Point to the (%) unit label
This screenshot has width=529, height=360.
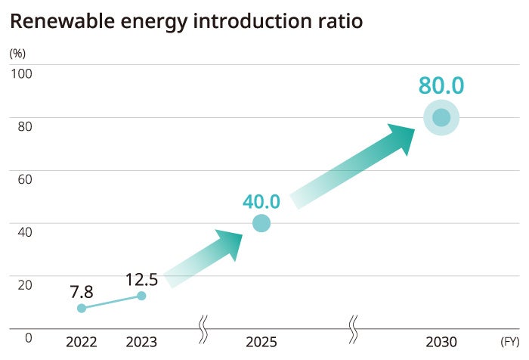pos(17,54)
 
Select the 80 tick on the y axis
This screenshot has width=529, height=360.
pos(24,126)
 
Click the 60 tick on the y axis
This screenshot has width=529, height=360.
pos(24,179)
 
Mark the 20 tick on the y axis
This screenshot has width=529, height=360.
pos(24,284)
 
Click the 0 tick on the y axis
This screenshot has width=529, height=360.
pos(28,337)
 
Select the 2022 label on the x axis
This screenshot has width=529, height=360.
pos(82,342)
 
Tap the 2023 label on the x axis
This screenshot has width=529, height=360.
pos(141,342)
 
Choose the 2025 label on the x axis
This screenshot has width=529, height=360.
pos(261,342)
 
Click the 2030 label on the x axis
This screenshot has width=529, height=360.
pos(441,342)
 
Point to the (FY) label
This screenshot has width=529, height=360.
pos(509,342)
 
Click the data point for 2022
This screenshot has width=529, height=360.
pos(82,309)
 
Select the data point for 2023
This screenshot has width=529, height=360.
pos(141,296)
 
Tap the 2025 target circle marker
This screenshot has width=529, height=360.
pos(261,223)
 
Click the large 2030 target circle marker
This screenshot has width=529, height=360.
pos(441,118)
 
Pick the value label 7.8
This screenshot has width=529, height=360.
pos(81,291)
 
